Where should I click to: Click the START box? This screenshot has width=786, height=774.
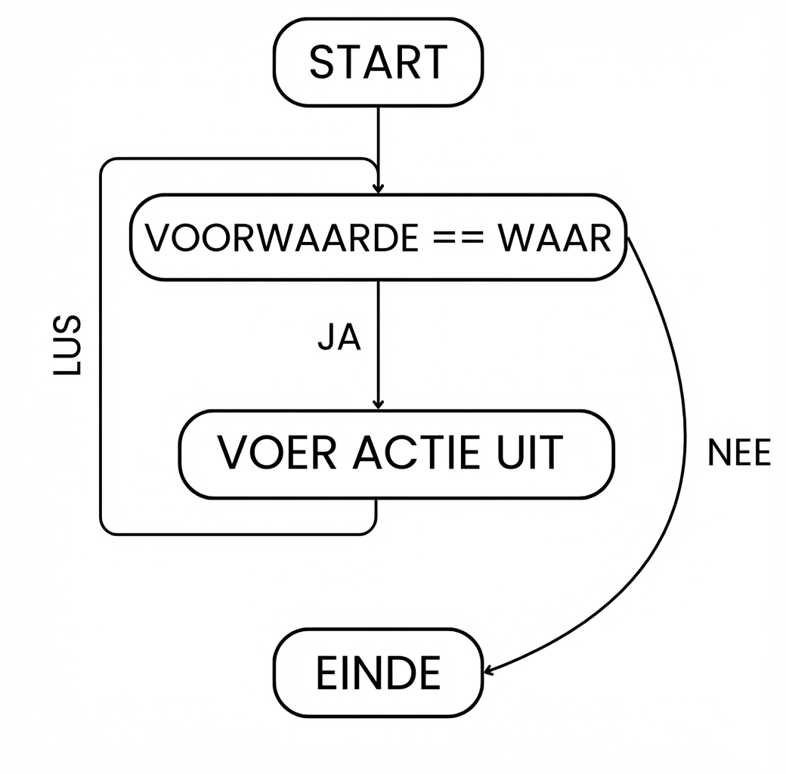click(x=378, y=62)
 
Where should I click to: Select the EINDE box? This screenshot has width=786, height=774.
click(x=378, y=673)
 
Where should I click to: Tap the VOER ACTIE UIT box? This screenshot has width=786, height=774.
click(x=397, y=454)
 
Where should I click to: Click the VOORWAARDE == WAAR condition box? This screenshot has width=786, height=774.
click(x=378, y=237)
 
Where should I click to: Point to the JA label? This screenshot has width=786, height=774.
click(x=339, y=339)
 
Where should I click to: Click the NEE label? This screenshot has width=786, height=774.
click(x=738, y=454)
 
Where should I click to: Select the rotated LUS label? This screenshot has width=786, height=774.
click(x=68, y=346)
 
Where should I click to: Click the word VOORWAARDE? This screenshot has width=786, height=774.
click(x=280, y=238)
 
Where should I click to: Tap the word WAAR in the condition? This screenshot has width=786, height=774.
click(x=554, y=238)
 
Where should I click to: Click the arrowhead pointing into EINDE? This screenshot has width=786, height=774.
click(x=488, y=670)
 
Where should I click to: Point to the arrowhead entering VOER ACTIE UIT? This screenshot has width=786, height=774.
click(x=379, y=404)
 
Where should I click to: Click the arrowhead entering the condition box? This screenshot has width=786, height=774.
click(x=379, y=187)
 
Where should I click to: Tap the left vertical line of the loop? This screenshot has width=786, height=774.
click(x=101, y=348)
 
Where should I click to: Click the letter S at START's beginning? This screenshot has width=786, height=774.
click(x=323, y=63)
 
